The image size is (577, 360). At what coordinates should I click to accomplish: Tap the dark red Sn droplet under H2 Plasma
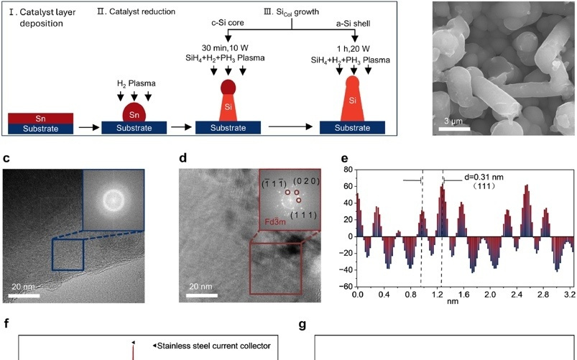[x=134, y=113]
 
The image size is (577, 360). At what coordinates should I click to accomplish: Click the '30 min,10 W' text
[x=227, y=48]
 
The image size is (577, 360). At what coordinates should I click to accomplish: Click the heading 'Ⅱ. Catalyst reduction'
[x=133, y=11]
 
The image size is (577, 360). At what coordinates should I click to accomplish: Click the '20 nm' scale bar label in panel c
[x=23, y=286]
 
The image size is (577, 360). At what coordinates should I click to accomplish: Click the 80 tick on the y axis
[x=346, y=170]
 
